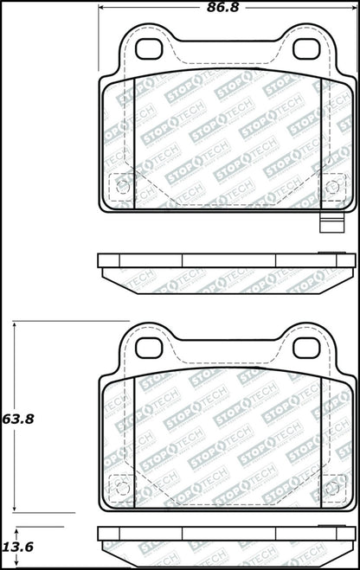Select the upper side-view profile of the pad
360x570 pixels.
[227, 268]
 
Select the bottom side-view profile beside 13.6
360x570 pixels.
[227, 543]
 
